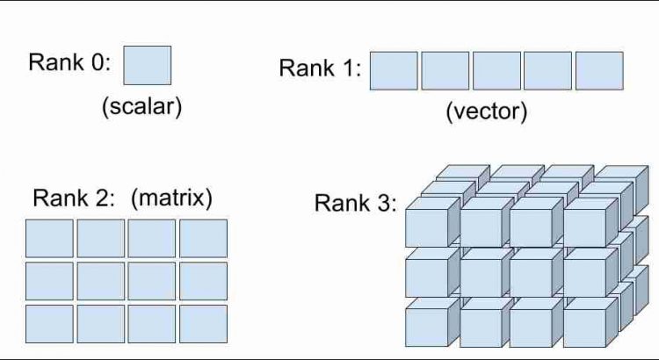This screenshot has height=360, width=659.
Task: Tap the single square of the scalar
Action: click(147, 65)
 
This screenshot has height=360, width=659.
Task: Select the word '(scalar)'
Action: click(142, 107)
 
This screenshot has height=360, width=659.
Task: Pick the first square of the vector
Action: click(394, 70)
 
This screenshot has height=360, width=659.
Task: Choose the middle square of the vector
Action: click(496, 70)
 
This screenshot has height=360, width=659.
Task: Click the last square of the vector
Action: click(599, 70)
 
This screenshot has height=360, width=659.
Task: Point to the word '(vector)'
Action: click(486, 112)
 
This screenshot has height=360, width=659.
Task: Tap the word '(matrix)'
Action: click(171, 198)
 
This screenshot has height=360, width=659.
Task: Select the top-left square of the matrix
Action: click(49, 238)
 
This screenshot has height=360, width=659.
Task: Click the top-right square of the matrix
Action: click(204, 238)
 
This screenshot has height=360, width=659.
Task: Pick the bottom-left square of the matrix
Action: click(49, 323)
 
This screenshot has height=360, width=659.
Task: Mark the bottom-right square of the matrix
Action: click(204, 323)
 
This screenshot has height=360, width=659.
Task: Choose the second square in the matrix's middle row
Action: click(100, 281)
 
